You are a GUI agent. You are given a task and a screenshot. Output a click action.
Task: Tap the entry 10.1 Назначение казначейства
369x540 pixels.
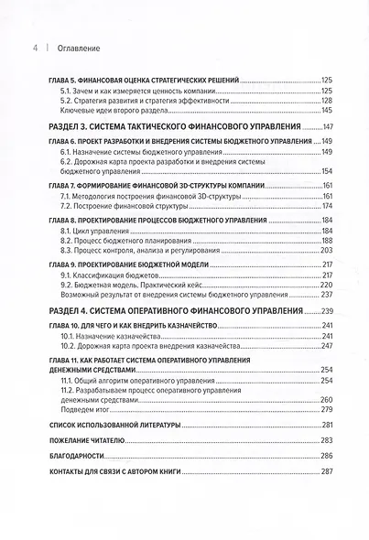[x=116, y=335]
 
